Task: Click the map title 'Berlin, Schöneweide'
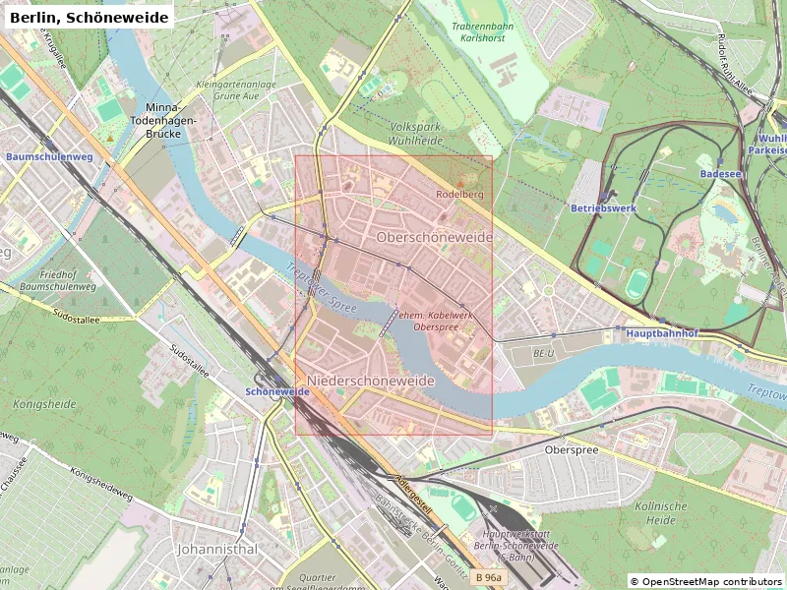[88, 17]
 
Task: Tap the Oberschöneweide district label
[434, 238]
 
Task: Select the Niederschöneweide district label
[371, 381]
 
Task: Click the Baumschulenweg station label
[35, 156]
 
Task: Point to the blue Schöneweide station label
[277, 391]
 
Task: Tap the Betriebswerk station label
[604, 208]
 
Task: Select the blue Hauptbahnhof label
[661, 333]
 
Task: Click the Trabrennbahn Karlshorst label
[482, 31]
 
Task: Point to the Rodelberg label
[459, 194]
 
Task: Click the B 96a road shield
[486, 578]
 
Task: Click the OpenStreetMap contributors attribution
[707, 582]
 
